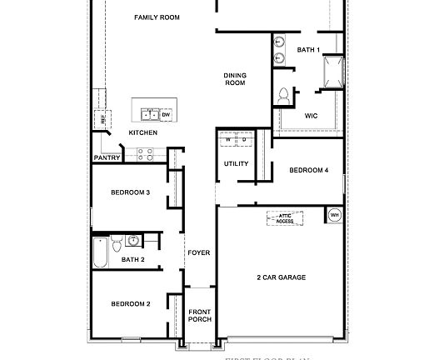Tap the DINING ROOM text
[x=235, y=79]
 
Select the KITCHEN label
[x=142, y=132]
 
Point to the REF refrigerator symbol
[x=104, y=119]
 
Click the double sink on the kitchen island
[x=151, y=114]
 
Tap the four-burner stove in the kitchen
[x=144, y=154]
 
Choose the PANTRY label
[x=107, y=157]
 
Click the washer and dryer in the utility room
[x=237, y=140]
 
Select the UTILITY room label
[x=237, y=163]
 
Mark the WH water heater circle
[x=335, y=215]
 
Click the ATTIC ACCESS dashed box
[x=285, y=218]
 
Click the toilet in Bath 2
[x=117, y=242]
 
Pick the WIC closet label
[x=312, y=116]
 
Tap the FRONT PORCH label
[x=200, y=315]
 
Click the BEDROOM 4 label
[x=309, y=170]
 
